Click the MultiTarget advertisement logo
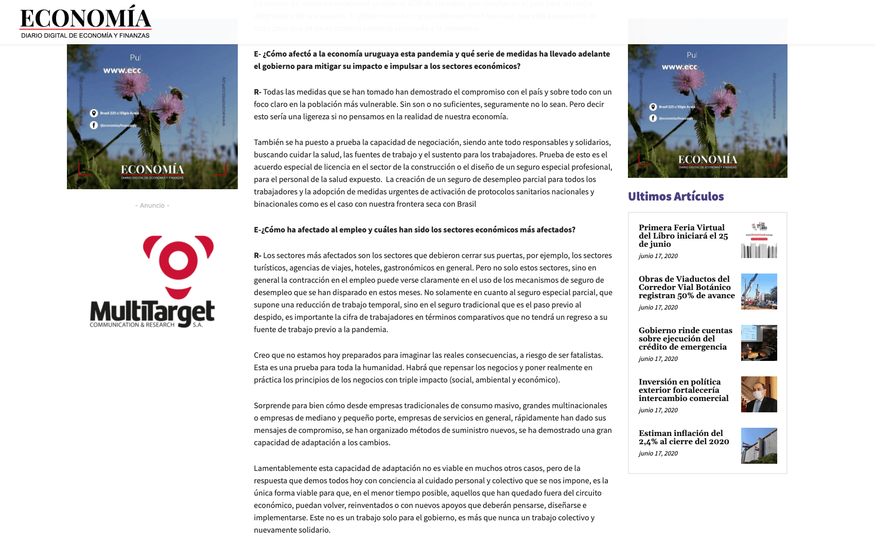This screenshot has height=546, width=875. (152, 282)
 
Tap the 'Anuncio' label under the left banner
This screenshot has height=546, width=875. (152, 206)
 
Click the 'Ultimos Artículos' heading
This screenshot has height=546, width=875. (676, 196)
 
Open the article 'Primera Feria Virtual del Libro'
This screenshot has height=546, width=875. (683, 236)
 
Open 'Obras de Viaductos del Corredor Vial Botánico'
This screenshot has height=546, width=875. (686, 287)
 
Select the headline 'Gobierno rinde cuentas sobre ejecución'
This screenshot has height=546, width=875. (685, 339)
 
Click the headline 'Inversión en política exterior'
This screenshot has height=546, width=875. (684, 390)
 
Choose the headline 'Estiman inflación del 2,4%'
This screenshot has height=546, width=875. (684, 438)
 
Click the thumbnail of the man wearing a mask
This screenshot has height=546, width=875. (759, 394)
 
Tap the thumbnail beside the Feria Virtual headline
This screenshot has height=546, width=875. (759, 240)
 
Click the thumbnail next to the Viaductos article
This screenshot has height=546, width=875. (759, 292)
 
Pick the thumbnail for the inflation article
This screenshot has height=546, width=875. (759, 446)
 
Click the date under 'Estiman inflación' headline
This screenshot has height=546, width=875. (658, 453)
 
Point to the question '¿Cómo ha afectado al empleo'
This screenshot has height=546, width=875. (414, 230)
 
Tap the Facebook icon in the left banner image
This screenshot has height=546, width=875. (94, 125)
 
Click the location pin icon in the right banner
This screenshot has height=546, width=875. (653, 107)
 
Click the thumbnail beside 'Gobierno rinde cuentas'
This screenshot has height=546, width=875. (759, 343)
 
